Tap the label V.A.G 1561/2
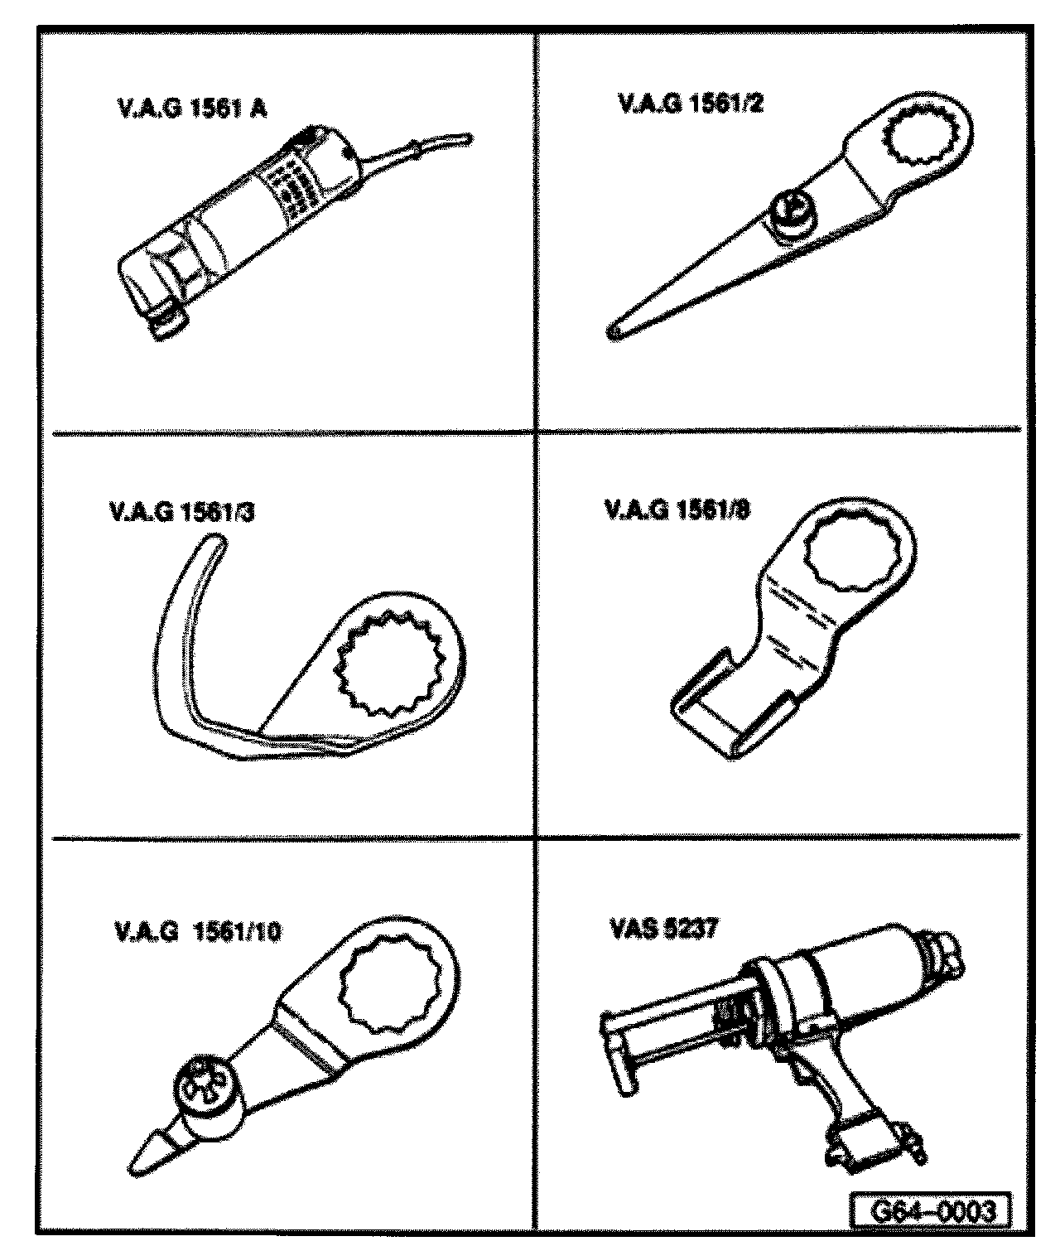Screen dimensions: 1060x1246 [x=688, y=104]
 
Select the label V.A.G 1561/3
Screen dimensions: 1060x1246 [x=181, y=513]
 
